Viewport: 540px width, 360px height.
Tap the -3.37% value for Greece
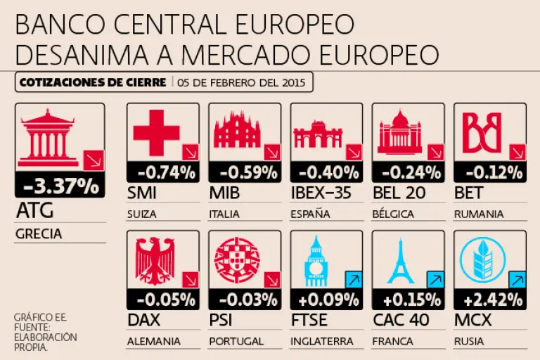60,186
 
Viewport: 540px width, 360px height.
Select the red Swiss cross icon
155,132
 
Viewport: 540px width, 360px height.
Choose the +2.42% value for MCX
493,300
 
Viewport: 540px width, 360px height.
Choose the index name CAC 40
401,321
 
